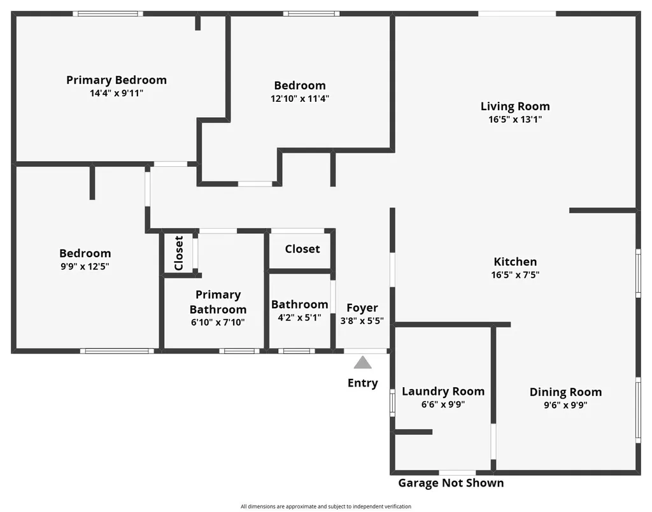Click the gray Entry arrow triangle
pos(362,362)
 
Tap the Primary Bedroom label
pos(117,80)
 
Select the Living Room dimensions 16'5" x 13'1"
pos(515,119)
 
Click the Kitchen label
pos(515,262)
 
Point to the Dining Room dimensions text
pos(565,404)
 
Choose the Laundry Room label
pos(443,392)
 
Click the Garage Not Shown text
pos(451,483)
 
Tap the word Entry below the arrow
pos(362,383)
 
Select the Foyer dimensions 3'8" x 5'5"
pos(362,321)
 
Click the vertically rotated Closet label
pos(179,253)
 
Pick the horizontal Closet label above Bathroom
pos(302,249)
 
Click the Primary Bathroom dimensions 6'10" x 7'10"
pos(218,322)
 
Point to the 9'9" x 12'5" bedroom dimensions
pos(85,266)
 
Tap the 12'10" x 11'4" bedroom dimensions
pos(300,99)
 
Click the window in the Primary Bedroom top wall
pos(108,14)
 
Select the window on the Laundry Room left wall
pos(392,402)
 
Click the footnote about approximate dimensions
pos(326,506)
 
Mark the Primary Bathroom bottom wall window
pos(239,351)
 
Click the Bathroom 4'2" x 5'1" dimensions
pos(299,318)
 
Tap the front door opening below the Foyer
pos(365,351)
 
